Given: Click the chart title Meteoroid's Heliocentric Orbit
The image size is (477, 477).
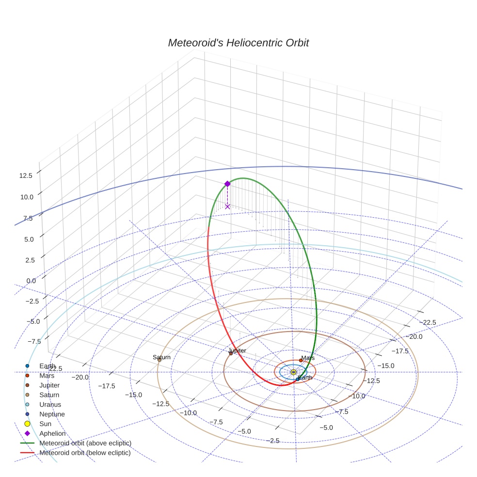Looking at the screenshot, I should click(238, 43).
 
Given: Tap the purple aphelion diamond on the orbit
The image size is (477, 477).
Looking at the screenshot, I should click(227, 184).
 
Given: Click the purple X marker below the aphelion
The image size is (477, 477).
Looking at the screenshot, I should click(227, 207).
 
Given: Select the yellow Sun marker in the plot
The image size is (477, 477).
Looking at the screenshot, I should click(293, 372).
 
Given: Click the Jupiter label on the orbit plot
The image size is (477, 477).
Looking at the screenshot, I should click(237, 350).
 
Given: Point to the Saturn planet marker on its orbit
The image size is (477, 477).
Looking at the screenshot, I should click(159, 360).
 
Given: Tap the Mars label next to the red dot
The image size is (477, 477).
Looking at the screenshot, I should click(308, 359).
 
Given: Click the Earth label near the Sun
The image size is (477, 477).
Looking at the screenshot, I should click(305, 378).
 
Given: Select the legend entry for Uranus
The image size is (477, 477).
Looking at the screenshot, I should click(50, 405).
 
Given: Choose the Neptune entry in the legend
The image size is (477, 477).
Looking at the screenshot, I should click(52, 414).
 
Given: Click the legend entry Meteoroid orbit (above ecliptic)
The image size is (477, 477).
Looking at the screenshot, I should click(85, 444).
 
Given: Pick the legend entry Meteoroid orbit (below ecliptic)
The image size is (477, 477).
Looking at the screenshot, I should click(85, 453).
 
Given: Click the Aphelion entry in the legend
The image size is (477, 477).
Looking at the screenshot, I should click(52, 434).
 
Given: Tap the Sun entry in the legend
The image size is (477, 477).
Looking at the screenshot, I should click(45, 424).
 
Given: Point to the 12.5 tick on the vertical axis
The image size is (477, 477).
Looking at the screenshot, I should click(26, 175).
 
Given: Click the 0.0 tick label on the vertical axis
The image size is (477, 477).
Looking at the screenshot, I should click(31, 281).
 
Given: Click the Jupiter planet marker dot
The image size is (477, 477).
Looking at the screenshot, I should click(231, 353).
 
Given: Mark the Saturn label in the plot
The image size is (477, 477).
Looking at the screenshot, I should click(161, 357).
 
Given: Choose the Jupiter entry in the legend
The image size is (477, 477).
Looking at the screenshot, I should click(49, 385).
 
